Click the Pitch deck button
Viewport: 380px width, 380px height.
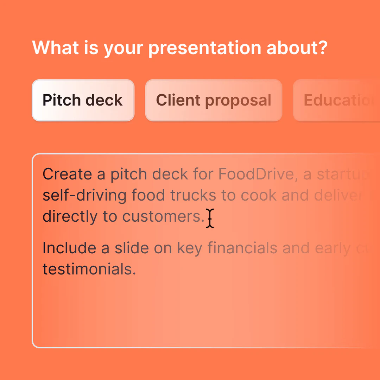83,100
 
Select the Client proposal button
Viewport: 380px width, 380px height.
214,100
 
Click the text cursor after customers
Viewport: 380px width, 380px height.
210,218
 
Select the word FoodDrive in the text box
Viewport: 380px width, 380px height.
255,174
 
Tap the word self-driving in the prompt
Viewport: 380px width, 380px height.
84,196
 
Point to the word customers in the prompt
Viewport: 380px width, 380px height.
163,217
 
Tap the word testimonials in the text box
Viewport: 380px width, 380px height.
89,270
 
